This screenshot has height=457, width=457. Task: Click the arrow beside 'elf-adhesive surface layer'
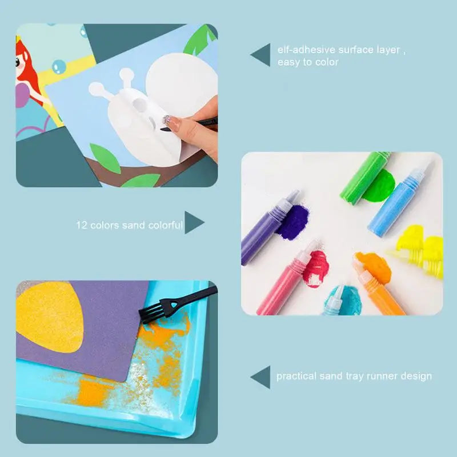(x=262, y=54)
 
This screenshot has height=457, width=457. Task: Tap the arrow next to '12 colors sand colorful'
(x=193, y=222)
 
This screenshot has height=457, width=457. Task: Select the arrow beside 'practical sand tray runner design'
(x=262, y=377)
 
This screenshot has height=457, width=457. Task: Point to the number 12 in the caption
(x=82, y=225)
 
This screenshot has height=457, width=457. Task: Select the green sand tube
(x=365, y=177)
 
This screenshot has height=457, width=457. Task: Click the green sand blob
(x=379, y=187)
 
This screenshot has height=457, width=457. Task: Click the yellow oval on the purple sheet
(x=49, y=316)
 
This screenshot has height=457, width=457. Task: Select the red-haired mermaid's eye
(x=18, y=62)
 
